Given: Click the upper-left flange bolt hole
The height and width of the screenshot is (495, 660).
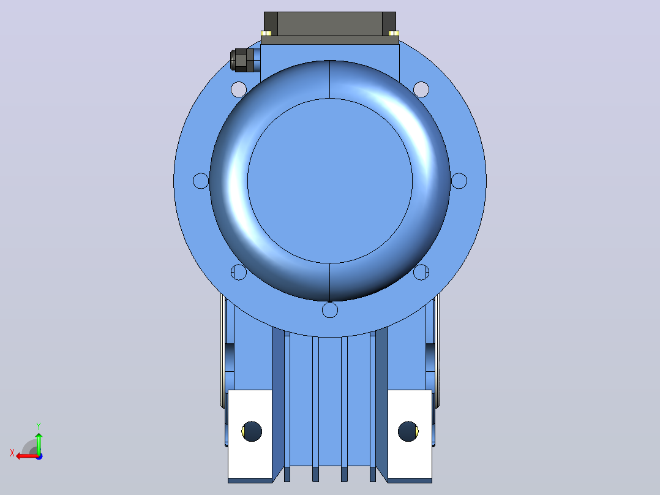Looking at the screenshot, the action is click(x=239, y=89).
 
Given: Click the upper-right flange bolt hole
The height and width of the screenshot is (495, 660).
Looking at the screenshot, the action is click(x=421, y=89).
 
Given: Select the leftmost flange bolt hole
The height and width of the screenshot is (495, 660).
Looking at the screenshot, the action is click(x=201, y=181).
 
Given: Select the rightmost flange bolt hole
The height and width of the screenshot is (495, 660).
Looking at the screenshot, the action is click(x=459, y=181).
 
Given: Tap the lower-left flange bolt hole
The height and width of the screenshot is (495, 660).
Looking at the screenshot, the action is click(x=239, y=272).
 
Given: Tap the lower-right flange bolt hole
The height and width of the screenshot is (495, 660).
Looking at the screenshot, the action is click(x=421, y=272).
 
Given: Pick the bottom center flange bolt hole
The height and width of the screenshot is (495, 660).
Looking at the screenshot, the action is click(x=329, y=309).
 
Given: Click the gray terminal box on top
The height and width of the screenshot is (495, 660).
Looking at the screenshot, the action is click(x=330, y=28).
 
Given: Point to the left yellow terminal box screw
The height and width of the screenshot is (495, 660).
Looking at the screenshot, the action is click(x=266, y=33).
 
